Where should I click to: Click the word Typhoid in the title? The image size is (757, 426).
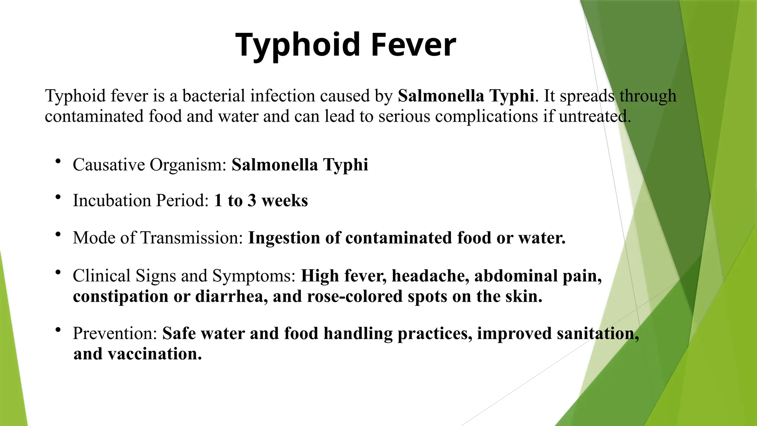pyautogui.click(x=298, y=45)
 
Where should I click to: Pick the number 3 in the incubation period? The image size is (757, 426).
pyautogui.click(x=252, y=201)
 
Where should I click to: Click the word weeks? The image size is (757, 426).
pyautogui.click(x=285, y=201)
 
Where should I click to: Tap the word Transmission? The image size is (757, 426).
pyautogui.click(x=191, y=238)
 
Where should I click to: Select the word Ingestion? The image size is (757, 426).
pyautogui.click(x=284, y=238)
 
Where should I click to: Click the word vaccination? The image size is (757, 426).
pyautogui.click(x=155, y=354)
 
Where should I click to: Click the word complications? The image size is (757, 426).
pyautogui.click(x=486, y=117)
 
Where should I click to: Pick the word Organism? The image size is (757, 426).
pyautogui.click(x=188, y=165)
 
